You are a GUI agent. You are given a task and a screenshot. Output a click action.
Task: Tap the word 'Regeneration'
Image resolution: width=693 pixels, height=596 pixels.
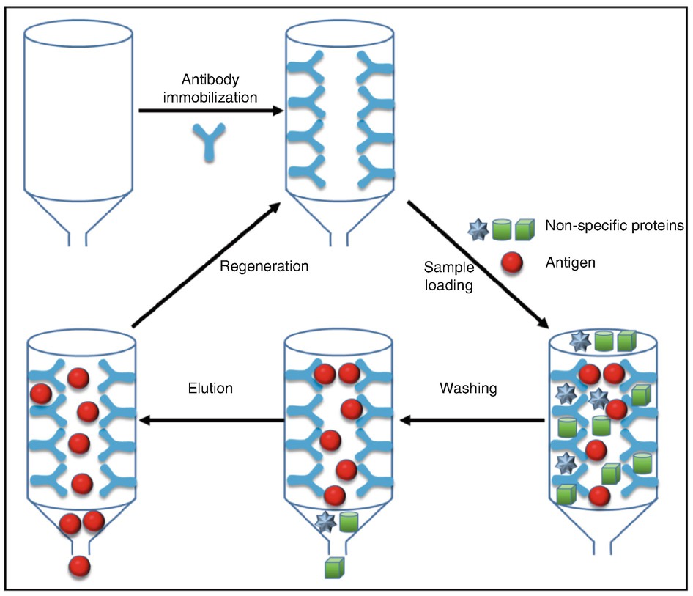pyautogui.click(x=264, y=267)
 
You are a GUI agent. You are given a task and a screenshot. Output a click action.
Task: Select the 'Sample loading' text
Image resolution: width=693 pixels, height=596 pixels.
pyautogui.click(x=448, y=276)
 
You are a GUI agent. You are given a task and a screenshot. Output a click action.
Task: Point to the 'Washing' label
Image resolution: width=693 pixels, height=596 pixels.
pyautogui.click(x=468, y=389)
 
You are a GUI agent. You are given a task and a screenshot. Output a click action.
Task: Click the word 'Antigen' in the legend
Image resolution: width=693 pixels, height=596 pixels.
pyautogui.click(x=570, y=262)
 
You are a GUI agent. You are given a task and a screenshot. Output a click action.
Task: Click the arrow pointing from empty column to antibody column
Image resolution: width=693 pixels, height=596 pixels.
pyautogui.click(x=211, y=111)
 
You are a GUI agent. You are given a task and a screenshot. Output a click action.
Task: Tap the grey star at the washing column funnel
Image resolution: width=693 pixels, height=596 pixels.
pyautogui.click(x=325, y=522)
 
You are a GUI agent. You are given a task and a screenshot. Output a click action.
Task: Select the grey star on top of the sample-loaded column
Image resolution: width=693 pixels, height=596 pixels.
pyautogui.click(x=581, y=341)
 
